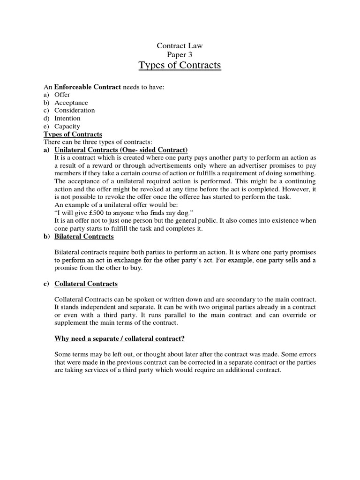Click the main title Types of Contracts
tap(180, 65)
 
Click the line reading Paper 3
tap(180, 54)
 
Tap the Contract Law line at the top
tap(180, 45)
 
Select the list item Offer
tap(62, 95)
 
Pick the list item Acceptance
tap(71, 103)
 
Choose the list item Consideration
tap(75, 110)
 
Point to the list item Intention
tap(67, 118)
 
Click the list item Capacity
tap(67, 126)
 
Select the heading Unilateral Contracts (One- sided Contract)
tap(121, 150)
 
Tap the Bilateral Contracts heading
tap(84, 236)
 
